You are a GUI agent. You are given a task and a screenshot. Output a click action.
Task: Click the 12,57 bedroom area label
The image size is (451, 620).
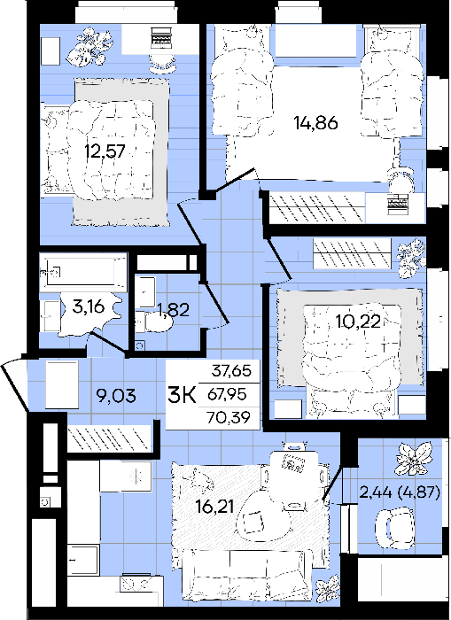pos(105,151)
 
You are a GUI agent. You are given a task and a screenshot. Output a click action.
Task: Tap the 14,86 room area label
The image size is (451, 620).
pos(315,123)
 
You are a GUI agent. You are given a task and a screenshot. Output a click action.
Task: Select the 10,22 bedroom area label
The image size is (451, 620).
pos(359,322)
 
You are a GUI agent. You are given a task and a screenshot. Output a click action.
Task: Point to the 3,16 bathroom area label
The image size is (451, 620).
pos(89,306)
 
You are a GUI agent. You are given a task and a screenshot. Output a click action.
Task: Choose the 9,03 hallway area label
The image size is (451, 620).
pos(116,395)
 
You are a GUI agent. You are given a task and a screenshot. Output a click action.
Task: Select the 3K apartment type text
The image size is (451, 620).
pos(182,395)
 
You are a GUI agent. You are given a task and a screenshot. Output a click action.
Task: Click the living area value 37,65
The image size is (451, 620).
pos(231,372)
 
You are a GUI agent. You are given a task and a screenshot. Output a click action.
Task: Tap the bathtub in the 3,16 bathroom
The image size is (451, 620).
pos(83,272)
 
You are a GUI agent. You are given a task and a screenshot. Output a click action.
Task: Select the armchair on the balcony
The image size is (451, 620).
pos(395,528)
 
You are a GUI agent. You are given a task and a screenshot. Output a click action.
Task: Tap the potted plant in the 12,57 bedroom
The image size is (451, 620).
pos(88,48)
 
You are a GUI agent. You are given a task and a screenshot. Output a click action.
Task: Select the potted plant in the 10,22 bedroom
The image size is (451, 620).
pos(411,258)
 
